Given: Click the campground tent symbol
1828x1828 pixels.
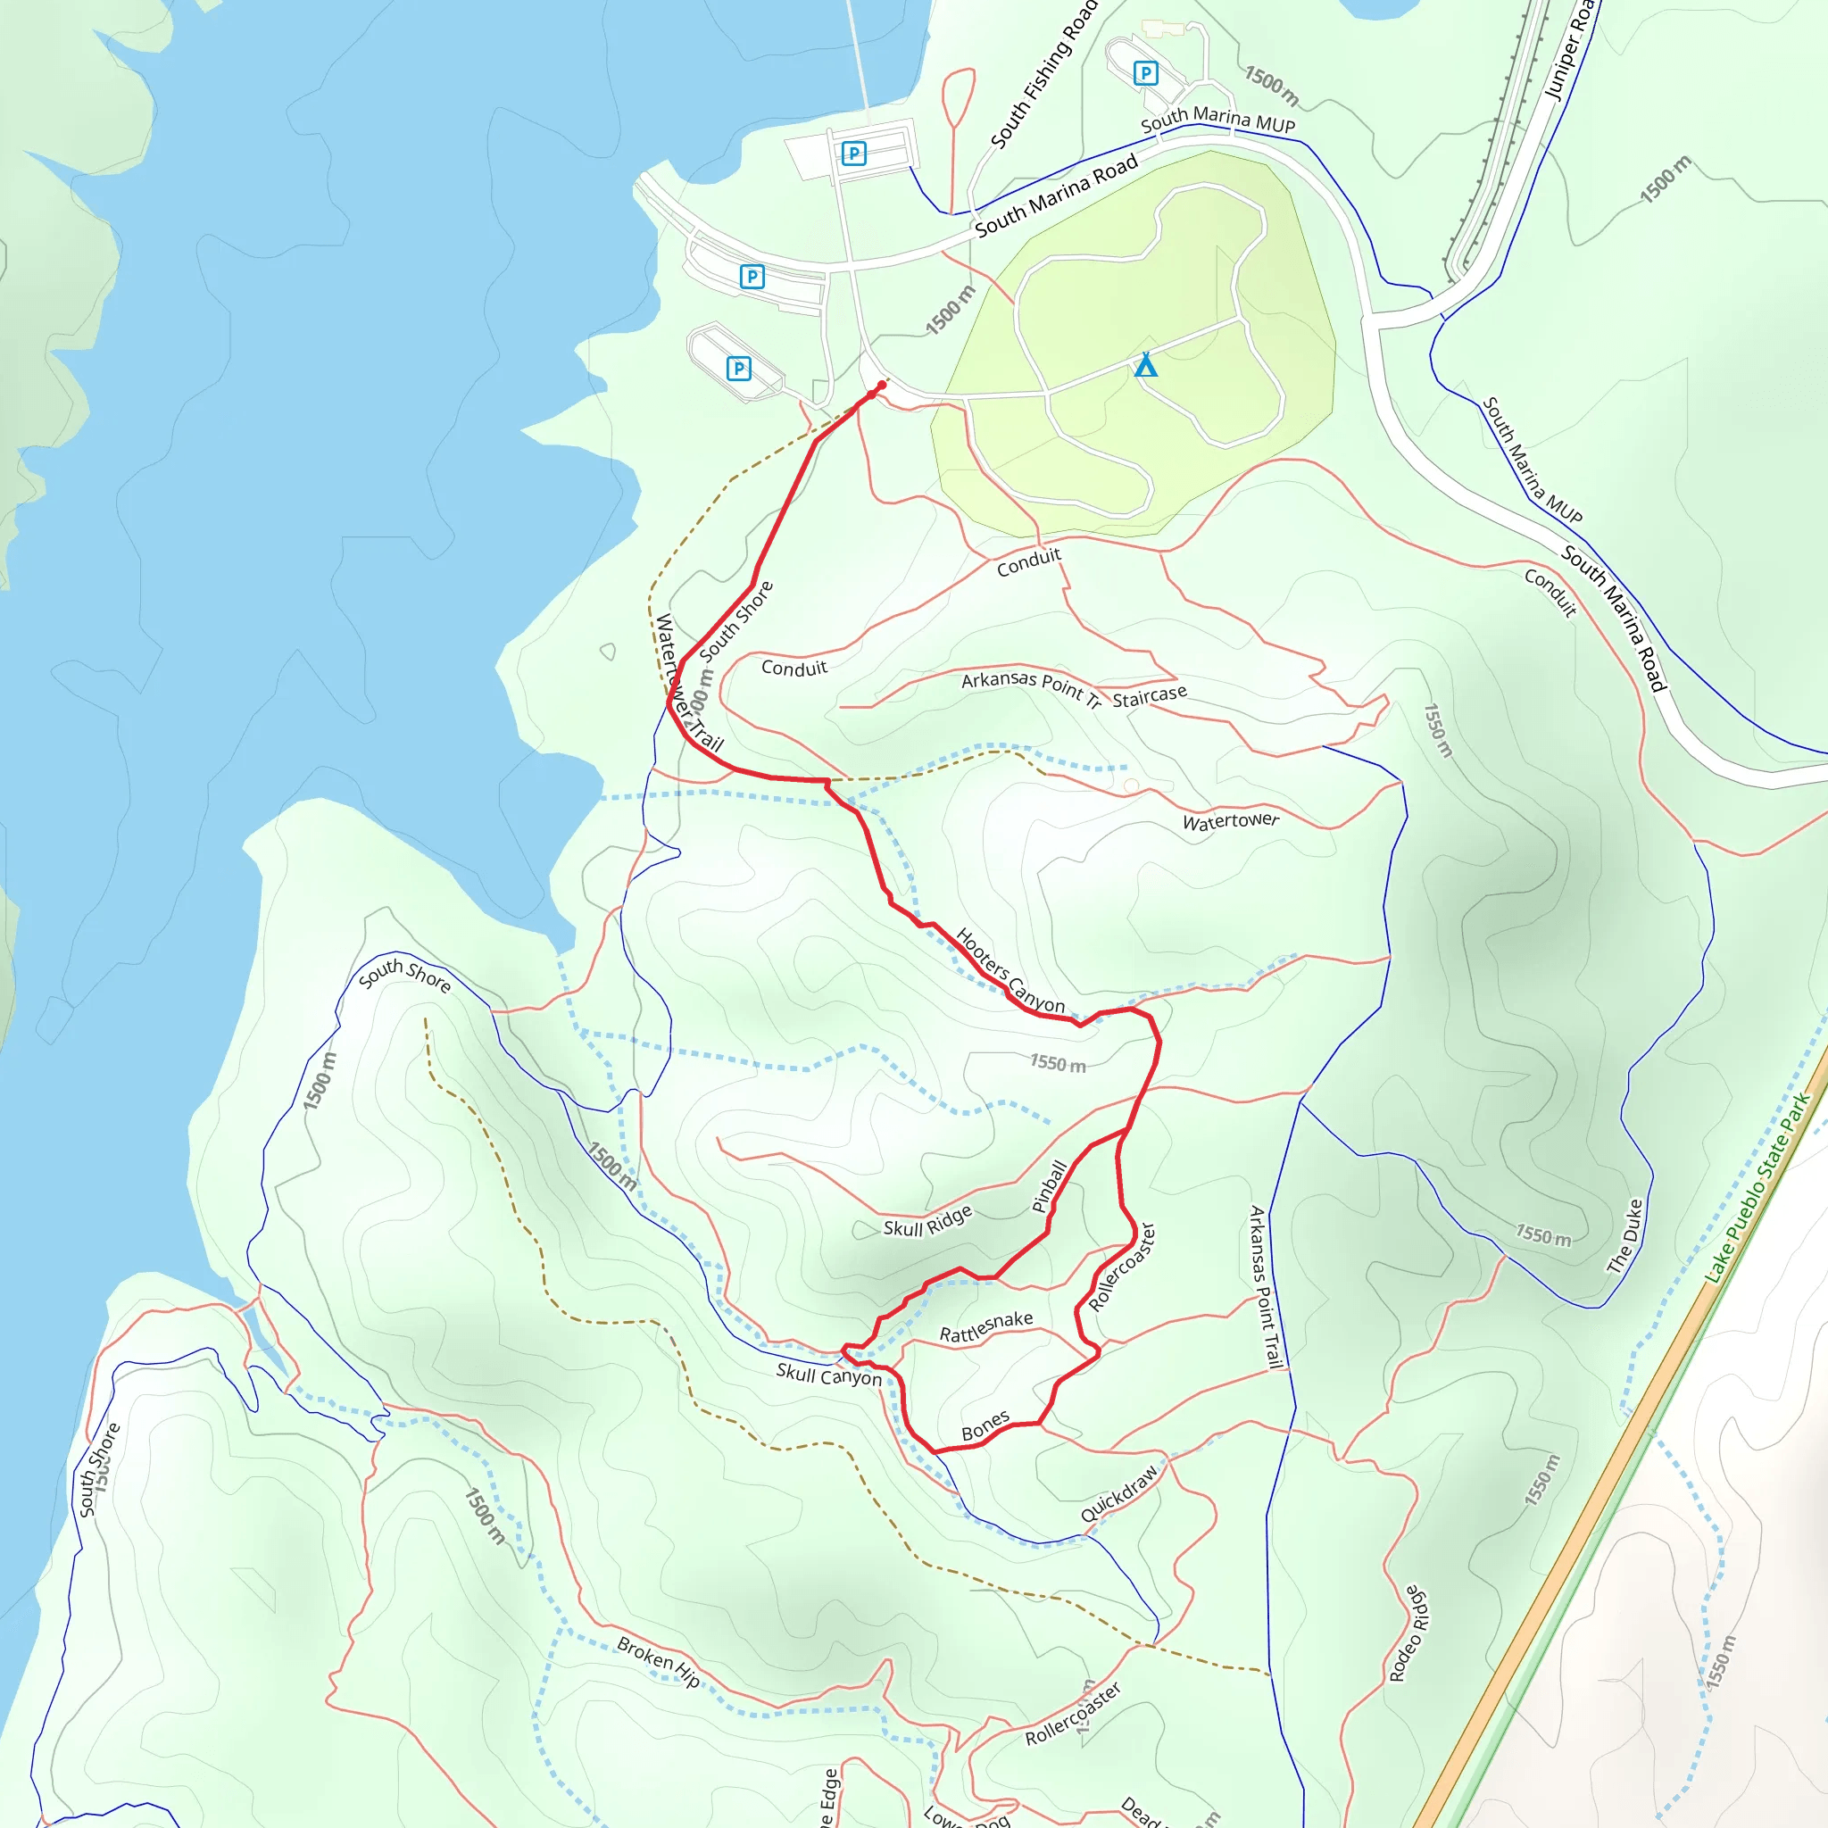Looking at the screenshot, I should pyautogui.click(x=1146, y=364).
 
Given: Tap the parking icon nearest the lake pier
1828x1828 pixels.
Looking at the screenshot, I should pyautogui.click(x=853, y=154).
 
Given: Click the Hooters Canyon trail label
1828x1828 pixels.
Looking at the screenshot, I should pyautogui.click(x=1010, y=971).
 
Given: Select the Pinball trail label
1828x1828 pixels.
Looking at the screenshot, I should pyautogui.click(x=1050, y=1186).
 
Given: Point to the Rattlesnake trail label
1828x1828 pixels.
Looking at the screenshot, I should pyautogui.click(x=986, y=1326).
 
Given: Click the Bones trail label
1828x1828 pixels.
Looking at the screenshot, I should pyautogui.click(x=985, y=1425).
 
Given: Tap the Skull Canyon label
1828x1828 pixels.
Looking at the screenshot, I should pyautogui.click(x=829, y=1375).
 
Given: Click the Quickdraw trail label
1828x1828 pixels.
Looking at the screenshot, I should pyautogui.click(x=1119, y=1494).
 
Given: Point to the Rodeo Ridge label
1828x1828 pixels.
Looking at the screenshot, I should pyautogui.click(x=1408, y=1634).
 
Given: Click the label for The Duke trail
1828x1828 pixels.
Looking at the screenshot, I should pyautogui.click(x=1626, y=1235).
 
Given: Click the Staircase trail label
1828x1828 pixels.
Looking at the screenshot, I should pyautogui.click(x=1149, y=696).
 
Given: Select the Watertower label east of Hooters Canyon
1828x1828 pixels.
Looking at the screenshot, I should pyautogui.click(x=1230, y=821).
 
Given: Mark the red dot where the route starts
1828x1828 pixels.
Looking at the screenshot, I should pyautogui.click(x=882, y=385).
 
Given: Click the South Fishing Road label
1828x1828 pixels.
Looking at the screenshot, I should pyautogui.click(x=1043, y=75).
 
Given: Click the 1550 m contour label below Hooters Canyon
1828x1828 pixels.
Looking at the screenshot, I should pyautogui.click(x=1058, y=1063).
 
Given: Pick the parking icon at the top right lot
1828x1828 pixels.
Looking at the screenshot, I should pyautogui.click(x=1146, y=73).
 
